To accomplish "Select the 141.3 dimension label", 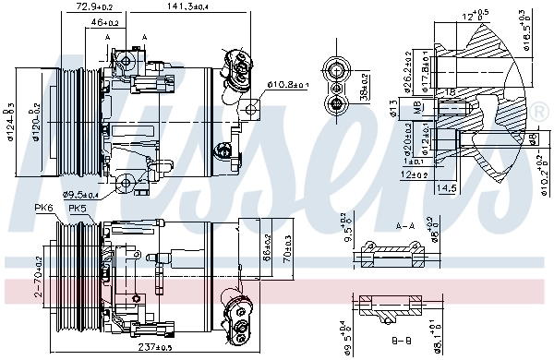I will tap(187, 6).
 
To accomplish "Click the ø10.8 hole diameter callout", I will tap(287, 85).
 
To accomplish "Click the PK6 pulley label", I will tap(44, 207).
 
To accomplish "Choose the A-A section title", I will tap(404, 225).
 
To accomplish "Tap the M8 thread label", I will tap(418, 107).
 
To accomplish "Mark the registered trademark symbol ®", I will tap(539, 112).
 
